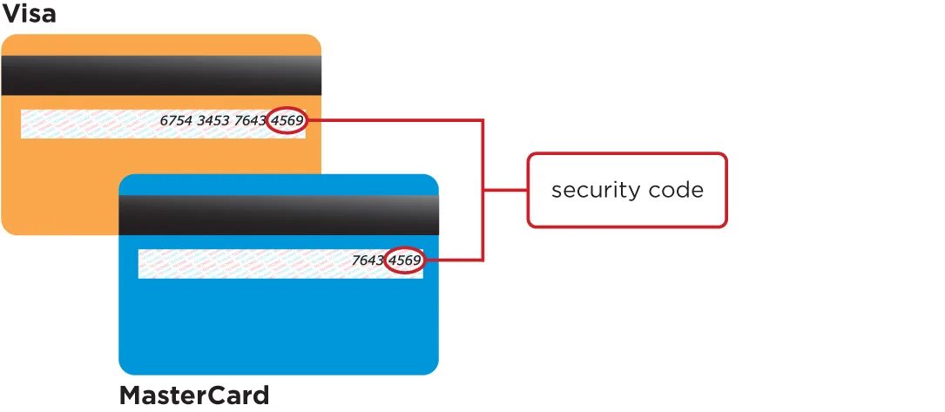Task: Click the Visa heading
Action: coord(29,14)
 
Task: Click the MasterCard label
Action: coord(193,395)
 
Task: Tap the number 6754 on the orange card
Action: coord(177,121)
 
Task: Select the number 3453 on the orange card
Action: coord(214,121)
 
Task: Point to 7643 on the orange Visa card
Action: coord(251,121)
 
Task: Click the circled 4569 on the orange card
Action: coord(287,121)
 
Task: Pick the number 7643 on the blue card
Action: coord(368,260)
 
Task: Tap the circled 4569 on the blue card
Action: coord(405,260)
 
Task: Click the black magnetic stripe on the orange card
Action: coord(161,76)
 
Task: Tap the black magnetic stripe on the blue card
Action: coord(278,215)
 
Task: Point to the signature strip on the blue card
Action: coord(244,264)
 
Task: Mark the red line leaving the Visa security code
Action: coord(392,121)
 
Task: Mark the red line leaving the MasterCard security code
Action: coord(453,260)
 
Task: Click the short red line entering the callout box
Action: coord(505,190)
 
